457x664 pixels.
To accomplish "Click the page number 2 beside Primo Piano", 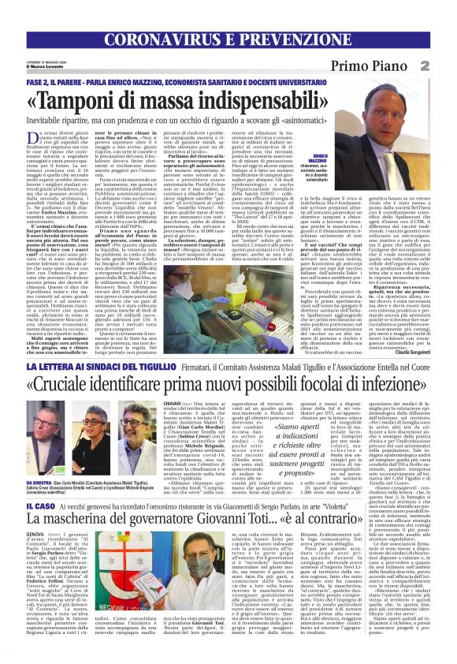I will tap(446, 65).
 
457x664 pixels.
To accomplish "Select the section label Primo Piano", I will tap(394, 66).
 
